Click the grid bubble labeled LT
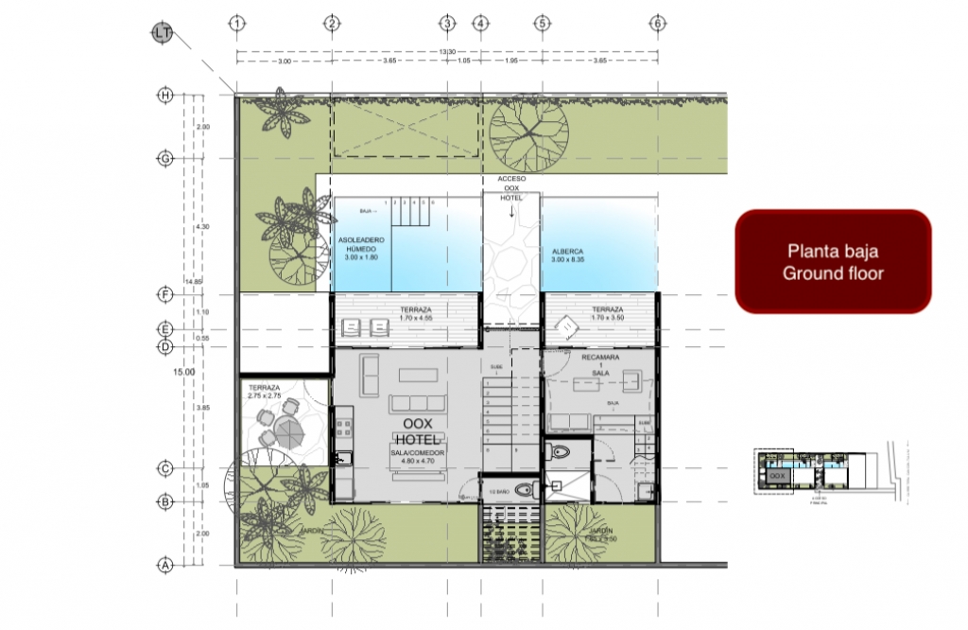(161, 34)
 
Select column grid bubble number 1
(236, 23)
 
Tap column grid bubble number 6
(656, 23)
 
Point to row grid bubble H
(165, 95)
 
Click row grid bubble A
(165, 565)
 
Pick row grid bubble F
(165, 295)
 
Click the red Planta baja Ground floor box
(833, 262)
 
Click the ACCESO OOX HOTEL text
(510, 188)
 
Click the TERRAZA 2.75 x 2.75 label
(265, 392)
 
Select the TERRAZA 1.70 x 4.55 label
(417, 314)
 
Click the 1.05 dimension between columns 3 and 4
(463, 61)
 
